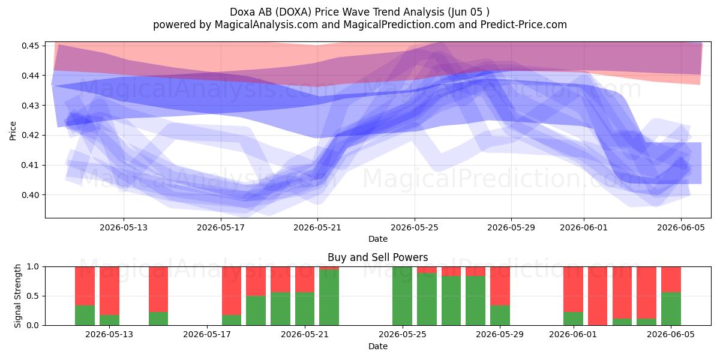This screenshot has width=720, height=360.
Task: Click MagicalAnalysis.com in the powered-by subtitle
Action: click(x=266, y=25)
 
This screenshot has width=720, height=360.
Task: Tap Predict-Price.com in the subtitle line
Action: click(x=524, y=25)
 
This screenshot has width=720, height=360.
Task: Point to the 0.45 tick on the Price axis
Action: click(x=31, y=46)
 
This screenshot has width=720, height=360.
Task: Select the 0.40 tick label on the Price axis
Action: click(x=31, y=195)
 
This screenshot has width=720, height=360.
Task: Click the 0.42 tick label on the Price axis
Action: click(x=31, y=136)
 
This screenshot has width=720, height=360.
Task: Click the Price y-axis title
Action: click(x=13, y=131)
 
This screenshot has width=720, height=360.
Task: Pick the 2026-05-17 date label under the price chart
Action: click(x=221, y=228)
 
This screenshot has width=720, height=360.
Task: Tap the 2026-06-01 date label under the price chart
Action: click(x=584, y=228)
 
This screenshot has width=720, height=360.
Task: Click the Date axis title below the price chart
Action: click(x=378, y=239)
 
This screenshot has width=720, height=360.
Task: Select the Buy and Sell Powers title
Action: click(x=377, y=257)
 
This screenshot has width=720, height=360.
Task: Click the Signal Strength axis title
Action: click(x=17, y=296)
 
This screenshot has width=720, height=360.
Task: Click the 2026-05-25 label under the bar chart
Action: click(x=403, y=335)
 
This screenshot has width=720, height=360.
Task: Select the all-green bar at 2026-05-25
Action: click(x=403, y=296)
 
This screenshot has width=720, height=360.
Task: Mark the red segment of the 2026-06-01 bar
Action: click(x=573, y=289)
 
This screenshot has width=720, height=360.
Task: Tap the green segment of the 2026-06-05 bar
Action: click(x=671, y=309)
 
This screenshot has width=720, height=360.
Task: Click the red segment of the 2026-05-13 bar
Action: click(x=109, y=291)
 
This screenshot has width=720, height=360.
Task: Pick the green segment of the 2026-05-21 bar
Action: click(x=305, y=309)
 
